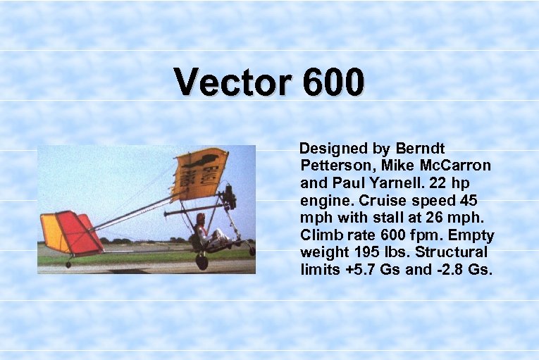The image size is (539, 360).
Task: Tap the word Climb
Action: coord(321,235)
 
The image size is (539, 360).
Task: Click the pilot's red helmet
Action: coord(200,218)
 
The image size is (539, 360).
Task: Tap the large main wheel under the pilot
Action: coord(202,262)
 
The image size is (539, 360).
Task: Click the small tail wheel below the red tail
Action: coord(68,264)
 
